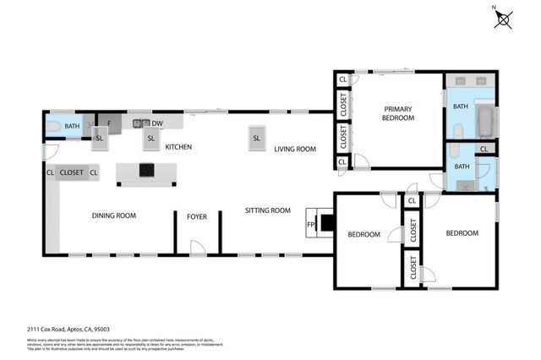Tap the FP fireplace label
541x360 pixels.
tap(310, 225)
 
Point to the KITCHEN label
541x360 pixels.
tap(178, 147)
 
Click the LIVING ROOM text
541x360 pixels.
tap(294, 149)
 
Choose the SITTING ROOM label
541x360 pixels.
tap(268, 210)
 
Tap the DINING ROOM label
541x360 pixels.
tap(114, 215)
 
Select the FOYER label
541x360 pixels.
tap(197, 216)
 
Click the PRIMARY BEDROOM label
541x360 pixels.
tap(399, 113)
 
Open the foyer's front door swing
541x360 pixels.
tap(198, 247)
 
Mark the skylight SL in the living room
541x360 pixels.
tap(255, 138)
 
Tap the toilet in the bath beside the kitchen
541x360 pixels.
tap(53, 126)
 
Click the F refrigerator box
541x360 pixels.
tap(109, 123)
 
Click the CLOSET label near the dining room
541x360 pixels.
tap(72, 172)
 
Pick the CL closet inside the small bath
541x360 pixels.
tap(484, 150)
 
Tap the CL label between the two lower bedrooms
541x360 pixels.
tap(411, 201)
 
